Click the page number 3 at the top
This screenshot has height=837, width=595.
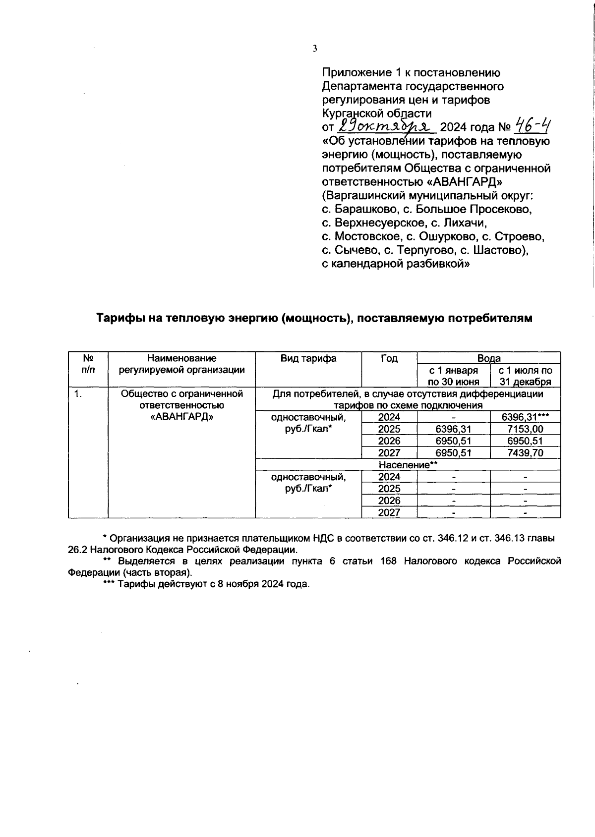pos(314,48)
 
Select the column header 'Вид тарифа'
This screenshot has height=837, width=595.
pos(308,358)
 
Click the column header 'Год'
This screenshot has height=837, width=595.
pos(389,358)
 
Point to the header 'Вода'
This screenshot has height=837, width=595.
pos(488,358)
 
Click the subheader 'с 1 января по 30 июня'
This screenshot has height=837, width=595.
pos(454,376)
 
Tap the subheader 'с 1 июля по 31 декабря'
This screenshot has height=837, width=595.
pos(525,376)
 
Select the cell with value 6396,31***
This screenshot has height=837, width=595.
pos(525,417)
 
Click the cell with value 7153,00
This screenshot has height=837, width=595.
pos(525,429)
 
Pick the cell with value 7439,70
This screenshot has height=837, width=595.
pos(525,452)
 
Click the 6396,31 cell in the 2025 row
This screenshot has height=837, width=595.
pos(453,429)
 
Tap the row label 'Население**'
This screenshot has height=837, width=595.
pos(408,465)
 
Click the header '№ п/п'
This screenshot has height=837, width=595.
pos(88,364)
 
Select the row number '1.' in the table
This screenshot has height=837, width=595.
pos(77,394)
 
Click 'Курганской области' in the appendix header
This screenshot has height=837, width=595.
pos(376,113)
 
